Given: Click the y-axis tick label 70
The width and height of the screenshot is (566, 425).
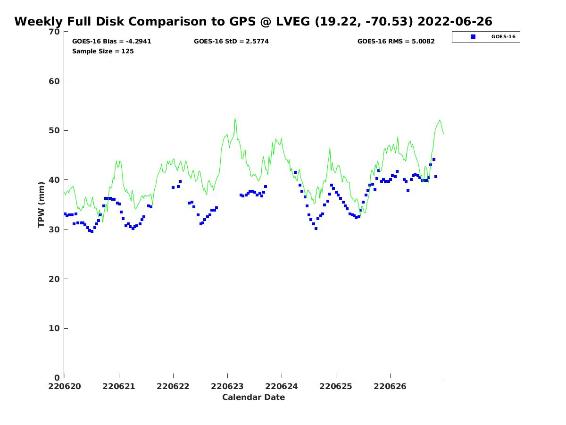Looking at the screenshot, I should point(54,32).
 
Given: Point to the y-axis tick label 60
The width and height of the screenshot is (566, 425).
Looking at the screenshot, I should point(54,81).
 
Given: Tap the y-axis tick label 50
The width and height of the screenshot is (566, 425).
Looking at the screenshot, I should point(54,130).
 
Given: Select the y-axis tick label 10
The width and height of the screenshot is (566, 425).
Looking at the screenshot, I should point(54,328).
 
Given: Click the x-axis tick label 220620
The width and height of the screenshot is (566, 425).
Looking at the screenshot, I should point(65,386).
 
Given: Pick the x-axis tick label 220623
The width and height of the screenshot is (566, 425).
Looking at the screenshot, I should point(227,386).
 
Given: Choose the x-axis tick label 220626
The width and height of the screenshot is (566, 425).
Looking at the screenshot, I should point(390,386).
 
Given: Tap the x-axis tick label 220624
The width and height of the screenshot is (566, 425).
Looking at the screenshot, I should point(282,386).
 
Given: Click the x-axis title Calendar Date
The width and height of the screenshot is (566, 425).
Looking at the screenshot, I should point(254,398).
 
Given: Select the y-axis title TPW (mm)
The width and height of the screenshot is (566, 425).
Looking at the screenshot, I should point(42,204).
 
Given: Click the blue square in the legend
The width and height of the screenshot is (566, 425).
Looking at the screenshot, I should point(473,37).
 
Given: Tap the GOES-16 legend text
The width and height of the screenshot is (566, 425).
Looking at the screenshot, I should point(503,37).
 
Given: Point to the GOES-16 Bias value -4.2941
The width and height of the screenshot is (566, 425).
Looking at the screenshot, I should point(138,42).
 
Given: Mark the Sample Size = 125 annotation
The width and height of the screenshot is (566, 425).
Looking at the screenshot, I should point(103,51).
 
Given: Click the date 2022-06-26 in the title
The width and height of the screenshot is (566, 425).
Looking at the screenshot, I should point(455,22).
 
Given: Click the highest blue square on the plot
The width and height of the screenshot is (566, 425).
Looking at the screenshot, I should point(434,160).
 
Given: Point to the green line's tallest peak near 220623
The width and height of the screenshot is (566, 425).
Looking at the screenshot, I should point(235,119).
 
